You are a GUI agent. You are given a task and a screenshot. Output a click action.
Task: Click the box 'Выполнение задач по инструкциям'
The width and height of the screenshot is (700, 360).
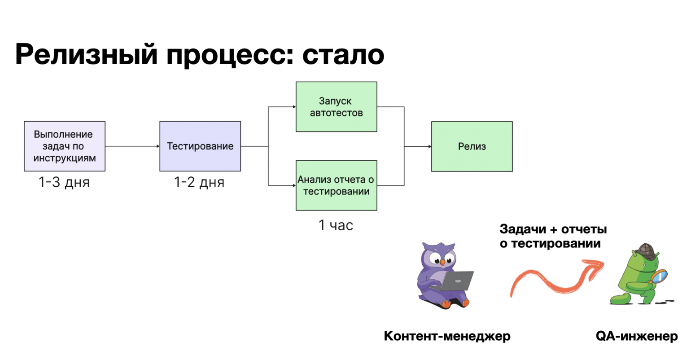pos(65,146)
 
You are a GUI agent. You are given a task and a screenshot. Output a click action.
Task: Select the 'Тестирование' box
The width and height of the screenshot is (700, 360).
pos(200,146)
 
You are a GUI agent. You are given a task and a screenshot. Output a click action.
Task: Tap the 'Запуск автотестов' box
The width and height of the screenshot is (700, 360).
pos(337,107)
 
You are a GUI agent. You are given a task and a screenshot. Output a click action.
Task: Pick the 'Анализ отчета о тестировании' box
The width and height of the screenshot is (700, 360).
pos(337,186)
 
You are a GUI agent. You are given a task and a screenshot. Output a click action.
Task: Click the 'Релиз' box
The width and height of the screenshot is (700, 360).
pos(472,147)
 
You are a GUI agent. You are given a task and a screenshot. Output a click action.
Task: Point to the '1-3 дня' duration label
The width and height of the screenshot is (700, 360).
pos(64,182)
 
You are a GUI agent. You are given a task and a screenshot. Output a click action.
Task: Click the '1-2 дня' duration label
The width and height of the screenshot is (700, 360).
pos(199,182)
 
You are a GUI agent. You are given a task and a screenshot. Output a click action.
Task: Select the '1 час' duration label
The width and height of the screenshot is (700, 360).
pos(336,225)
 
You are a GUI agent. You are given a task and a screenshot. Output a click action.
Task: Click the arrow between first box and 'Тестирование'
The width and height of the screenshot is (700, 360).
pos(132,146)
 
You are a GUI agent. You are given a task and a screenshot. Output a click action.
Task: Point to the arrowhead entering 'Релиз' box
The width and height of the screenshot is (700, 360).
pos(430,147)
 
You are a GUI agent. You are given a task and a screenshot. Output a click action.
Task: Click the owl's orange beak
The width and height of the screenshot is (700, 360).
pos(442,263)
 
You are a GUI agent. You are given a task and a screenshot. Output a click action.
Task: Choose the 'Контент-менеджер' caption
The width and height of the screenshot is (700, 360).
pos(447,336)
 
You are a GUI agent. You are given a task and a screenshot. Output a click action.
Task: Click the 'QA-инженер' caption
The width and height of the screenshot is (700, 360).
pos(637,336)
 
